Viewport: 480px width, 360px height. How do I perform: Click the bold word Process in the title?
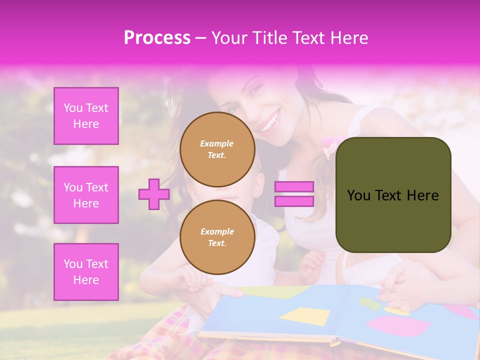157,37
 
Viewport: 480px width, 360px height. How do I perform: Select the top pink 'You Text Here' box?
86,116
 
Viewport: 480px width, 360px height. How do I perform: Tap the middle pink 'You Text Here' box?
86,195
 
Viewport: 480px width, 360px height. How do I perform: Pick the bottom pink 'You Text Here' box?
86,271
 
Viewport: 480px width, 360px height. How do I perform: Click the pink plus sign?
153,194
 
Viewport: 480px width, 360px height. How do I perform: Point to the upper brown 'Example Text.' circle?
217,149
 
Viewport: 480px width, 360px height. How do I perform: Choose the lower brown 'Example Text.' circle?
217,237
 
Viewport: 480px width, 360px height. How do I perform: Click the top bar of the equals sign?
294,187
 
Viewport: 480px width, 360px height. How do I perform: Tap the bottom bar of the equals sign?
294,201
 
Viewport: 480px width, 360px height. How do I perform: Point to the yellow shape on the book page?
305,316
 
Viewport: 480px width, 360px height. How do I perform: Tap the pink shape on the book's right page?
398,326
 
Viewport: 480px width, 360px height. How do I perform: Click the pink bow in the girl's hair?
330,147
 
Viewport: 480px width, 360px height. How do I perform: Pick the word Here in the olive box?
422,195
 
